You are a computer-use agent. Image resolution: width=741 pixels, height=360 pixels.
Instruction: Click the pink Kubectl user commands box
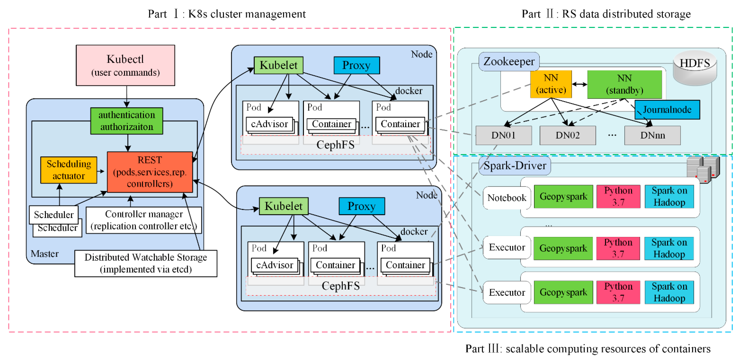tap(125, 65)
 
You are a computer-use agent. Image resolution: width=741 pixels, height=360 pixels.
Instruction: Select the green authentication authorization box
tap(127, 121)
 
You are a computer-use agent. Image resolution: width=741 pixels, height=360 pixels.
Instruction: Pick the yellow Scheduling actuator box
tap(69, 170)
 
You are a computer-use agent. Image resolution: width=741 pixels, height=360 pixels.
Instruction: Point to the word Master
tap(45, 254)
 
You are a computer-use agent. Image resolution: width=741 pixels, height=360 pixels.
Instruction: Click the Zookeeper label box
tap(509, 62)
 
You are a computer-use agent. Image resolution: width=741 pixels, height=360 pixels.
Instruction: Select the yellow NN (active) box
tap(551, 84)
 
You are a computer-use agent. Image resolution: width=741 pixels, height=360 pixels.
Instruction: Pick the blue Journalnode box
tap(667, 109)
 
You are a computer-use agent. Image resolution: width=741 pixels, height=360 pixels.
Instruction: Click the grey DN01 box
tap(503, 135)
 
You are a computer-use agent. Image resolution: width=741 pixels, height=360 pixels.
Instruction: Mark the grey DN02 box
tap(568, 135)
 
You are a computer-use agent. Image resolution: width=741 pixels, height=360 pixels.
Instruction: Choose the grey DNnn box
tap(652, 135)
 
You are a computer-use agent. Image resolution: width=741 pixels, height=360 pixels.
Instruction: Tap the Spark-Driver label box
tap(515, 166)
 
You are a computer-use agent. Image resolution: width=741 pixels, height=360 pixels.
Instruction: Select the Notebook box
tap(507, 198)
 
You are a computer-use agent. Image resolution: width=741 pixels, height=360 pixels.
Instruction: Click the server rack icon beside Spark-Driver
tap(703, 170)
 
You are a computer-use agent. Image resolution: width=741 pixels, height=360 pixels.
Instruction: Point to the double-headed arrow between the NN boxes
tap(579, 84)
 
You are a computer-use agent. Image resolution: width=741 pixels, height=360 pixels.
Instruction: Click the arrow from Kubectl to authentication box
tap(127, 96)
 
